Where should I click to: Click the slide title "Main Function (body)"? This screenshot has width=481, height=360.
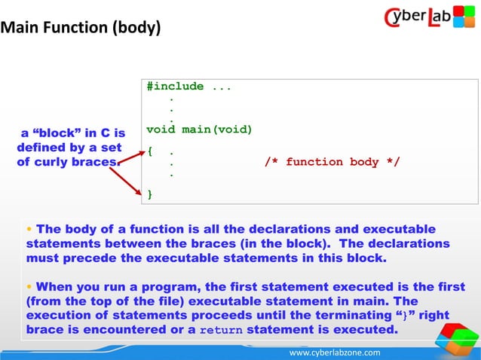point(81,29)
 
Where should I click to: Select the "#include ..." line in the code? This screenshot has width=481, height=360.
point(189,87)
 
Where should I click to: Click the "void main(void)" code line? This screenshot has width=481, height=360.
point(199,130)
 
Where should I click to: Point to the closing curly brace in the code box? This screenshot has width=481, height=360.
point(150,194)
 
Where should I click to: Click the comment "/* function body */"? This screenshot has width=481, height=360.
point(332,162)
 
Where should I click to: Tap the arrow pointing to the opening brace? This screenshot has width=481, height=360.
point(131,155)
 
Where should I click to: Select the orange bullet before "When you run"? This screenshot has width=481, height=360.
point(29,287)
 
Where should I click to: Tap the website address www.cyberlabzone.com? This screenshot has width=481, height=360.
point(335,352)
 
